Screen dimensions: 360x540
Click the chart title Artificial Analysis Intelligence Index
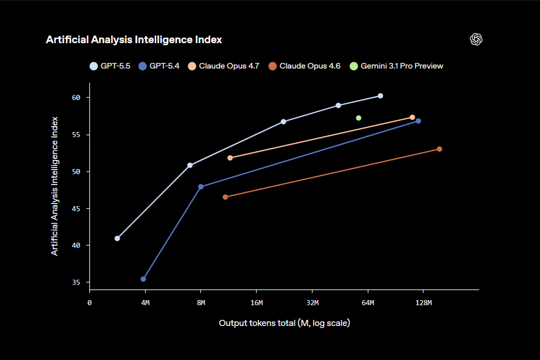coord(133,40)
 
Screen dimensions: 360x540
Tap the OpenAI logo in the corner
coord(476,40)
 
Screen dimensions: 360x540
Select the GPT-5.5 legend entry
coord(110,66)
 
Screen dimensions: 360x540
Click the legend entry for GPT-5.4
coord(159,66)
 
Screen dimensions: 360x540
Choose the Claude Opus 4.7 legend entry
coord(224,66)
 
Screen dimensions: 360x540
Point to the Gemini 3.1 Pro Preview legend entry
coord(396,66)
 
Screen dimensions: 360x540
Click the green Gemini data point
coord(359,118)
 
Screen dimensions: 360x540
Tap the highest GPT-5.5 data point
coord(381,96)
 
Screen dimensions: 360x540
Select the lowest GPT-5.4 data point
coord(144,279)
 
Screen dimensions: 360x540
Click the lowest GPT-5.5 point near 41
coord(117,238)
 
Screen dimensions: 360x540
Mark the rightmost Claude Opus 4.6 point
coord(440,149)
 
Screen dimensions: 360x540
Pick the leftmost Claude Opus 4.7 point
coord(230,158)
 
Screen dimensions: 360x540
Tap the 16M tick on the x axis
coord(257,303)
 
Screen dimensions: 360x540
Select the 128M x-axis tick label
coord(423,303)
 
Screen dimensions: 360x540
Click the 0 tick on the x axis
coord(89,303)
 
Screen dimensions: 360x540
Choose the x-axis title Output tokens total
coord(284,323)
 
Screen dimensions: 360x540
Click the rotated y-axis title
coord(55,186)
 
